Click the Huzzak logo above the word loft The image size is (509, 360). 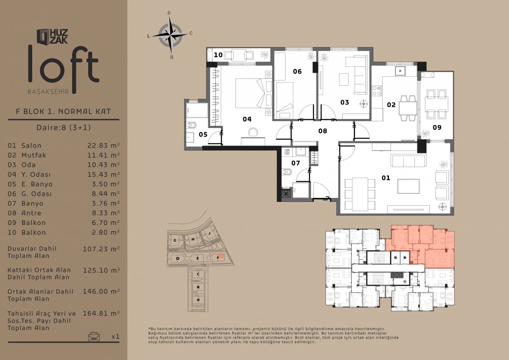(52, 36)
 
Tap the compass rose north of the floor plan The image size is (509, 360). (170, 35)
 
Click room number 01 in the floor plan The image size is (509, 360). (386, 178)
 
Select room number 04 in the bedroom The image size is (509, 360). (247, 119)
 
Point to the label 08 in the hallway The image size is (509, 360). (323, 131)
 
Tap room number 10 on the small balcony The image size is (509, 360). (218, 55)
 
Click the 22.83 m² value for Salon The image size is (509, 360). (103, 145)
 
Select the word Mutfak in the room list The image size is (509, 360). (34, 155)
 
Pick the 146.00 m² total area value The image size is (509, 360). (101, 291)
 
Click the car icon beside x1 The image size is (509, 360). (94, 336)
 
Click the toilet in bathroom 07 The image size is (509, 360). (287, 172)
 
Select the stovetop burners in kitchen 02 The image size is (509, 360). (377, 91)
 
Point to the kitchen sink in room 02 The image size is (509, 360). (400, 71)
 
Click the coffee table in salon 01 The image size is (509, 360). (408, 186)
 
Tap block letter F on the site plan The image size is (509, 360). (218, 258)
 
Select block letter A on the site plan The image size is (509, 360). (198, 300)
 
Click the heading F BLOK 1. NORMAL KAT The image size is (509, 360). (63, 112)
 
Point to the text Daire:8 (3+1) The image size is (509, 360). (64, 128)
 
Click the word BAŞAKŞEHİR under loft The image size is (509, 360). (48, 92)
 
